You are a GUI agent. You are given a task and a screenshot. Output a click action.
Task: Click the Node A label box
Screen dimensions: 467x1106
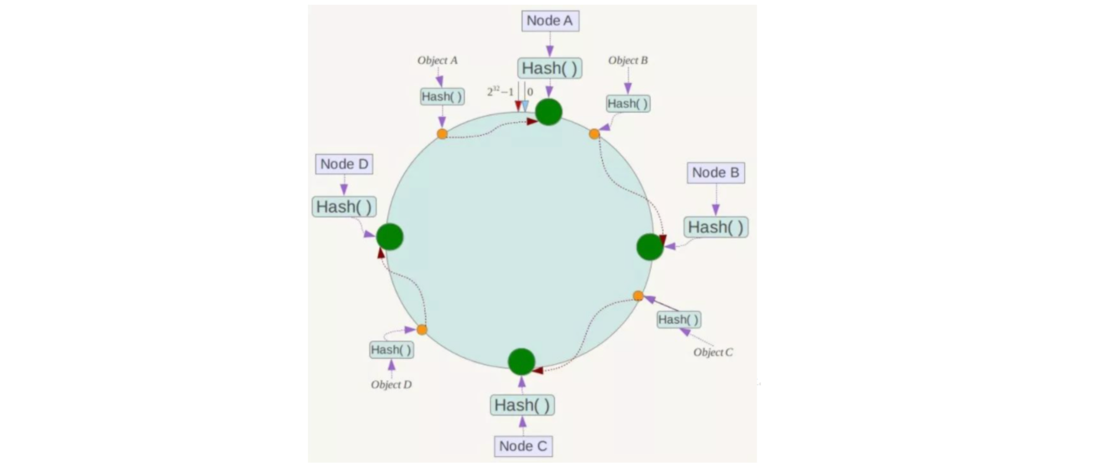point(550,21)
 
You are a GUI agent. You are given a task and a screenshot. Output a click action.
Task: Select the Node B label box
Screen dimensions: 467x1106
point(715,173)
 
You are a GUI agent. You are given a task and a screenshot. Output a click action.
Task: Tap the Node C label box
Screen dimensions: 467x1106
point(523,446)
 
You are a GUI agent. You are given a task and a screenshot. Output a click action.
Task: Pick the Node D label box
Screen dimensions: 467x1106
point(344,164)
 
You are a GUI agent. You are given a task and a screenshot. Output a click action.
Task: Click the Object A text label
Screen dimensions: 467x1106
point(437,60)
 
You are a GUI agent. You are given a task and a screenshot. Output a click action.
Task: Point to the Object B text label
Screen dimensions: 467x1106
point(628,60)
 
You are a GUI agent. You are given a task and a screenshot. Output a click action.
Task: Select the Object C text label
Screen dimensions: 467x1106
point(713,352)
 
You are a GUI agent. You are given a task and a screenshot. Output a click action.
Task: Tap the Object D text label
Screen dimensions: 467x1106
point(391,384)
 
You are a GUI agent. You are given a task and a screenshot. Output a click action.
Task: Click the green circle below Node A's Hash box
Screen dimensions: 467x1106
point(548,112)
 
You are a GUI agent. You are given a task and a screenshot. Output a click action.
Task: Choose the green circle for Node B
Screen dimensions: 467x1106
point(649,247)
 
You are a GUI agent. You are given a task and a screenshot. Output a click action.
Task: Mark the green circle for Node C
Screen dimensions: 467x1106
point(521,362)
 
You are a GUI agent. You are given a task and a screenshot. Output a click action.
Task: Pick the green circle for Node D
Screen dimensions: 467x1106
point(390,237)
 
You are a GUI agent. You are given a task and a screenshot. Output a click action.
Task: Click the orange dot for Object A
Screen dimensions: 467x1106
point(442,134)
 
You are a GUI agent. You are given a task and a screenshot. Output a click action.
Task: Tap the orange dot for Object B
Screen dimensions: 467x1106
point(595,134)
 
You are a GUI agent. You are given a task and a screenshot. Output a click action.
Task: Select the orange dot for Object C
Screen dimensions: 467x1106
point(638,296)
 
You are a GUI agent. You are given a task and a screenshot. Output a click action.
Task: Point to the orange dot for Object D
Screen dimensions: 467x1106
point(422,329)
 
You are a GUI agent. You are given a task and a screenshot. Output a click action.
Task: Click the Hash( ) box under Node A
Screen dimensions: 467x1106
point(549,68)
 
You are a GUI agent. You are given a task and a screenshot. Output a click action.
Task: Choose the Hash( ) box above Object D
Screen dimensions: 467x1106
point(391,350)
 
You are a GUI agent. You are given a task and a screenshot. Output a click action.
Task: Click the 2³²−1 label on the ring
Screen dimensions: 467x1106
point(500,92)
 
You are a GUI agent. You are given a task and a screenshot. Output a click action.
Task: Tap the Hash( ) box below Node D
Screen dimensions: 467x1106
point(344,207)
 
